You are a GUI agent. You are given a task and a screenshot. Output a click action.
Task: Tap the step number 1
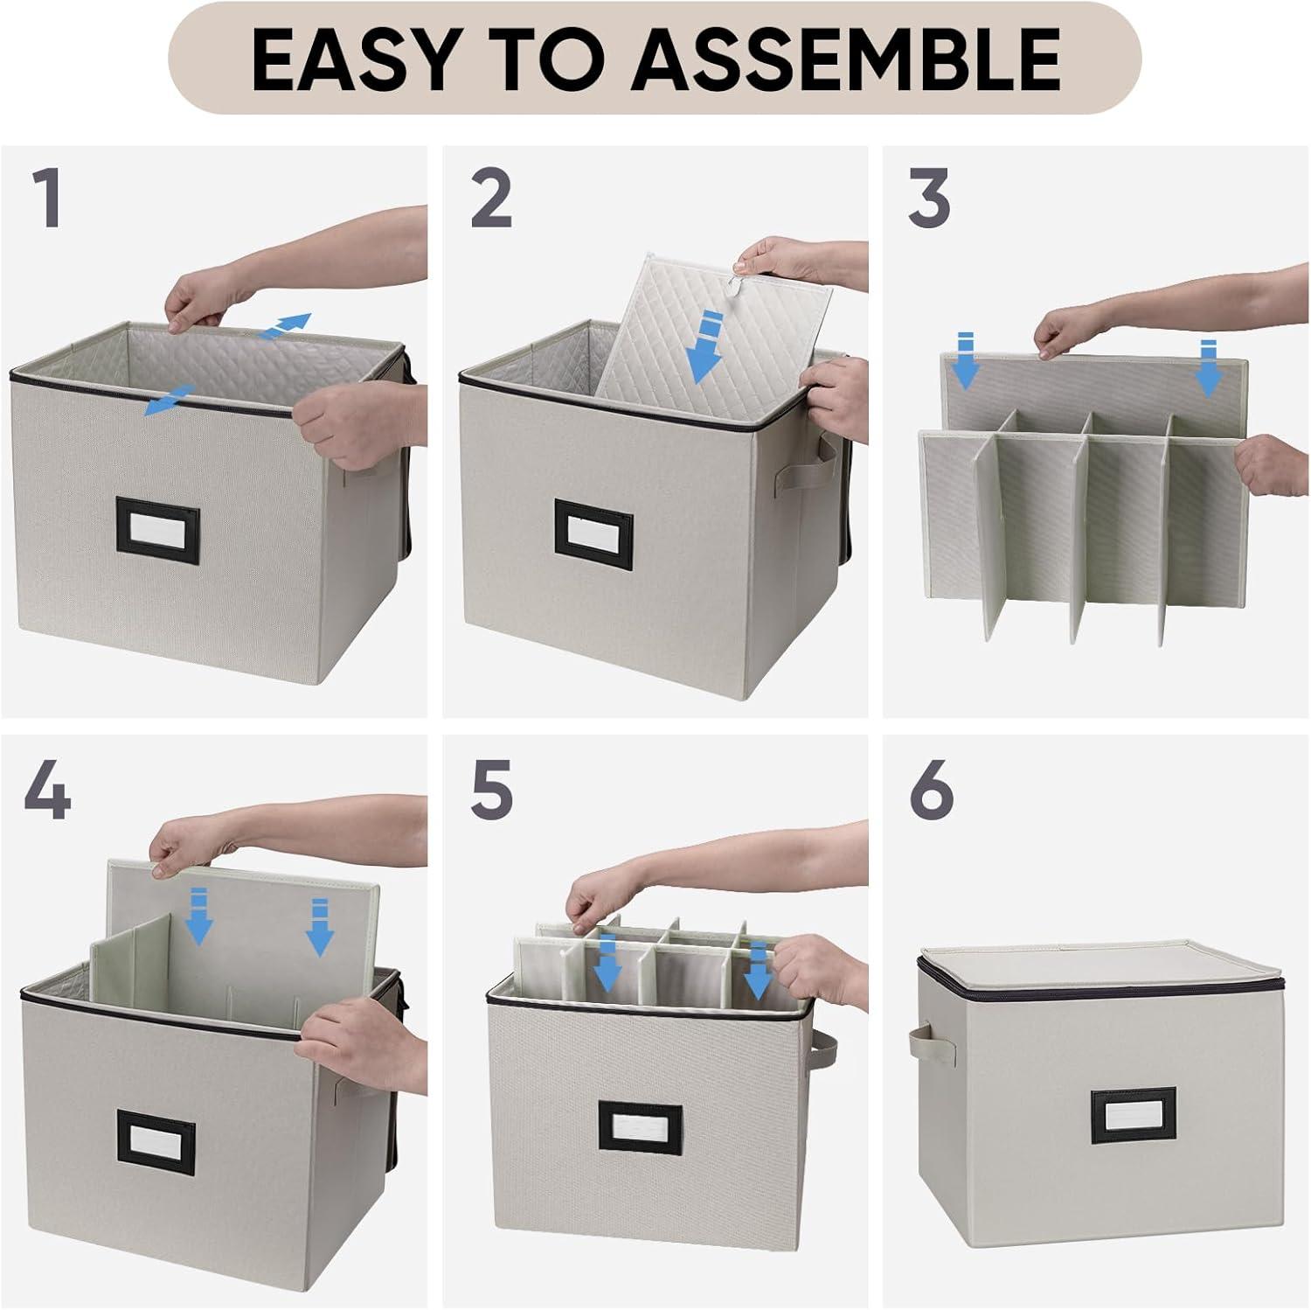tap(48, 199)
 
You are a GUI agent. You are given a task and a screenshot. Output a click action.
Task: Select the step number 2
tap(491, 199)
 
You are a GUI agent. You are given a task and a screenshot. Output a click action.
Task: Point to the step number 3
tap(929, 199)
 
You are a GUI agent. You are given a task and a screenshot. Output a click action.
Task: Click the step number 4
tap(47, 789)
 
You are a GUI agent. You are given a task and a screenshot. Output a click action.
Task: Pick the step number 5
tap(491, 789)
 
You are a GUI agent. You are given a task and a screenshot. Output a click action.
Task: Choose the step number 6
tap(932, 789)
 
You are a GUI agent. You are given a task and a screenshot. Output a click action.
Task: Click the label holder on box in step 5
tap(641, 1127)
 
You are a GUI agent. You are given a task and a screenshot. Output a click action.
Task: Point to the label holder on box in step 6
tap(1133, 1117)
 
